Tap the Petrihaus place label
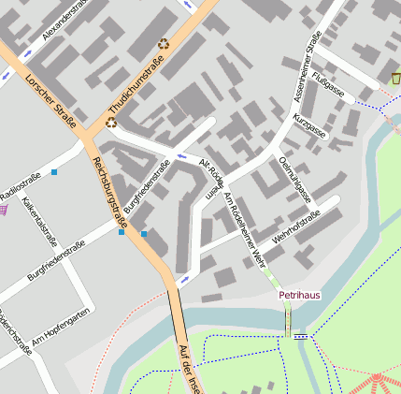(x=299, y=295)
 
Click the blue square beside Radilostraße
(x=55, y=172)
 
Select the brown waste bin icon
(x=394, y=78)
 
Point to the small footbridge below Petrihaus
(x=300, y=334)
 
